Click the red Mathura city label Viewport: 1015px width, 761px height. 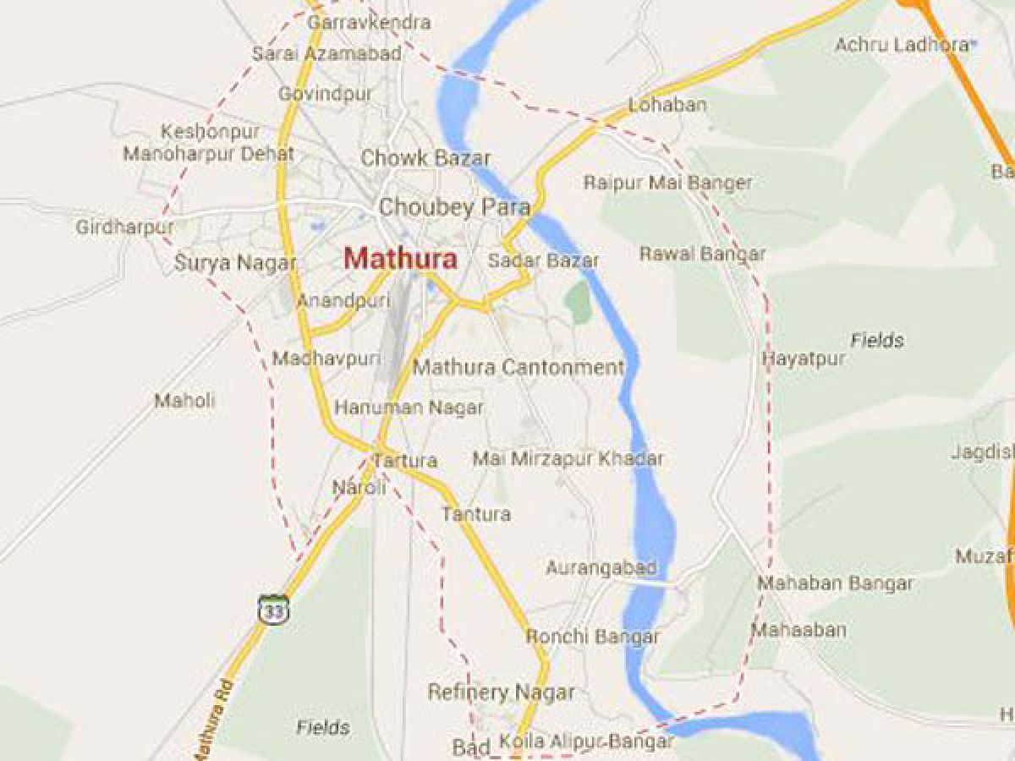tap(401, 259)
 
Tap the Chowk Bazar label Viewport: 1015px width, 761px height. tap(425, 158)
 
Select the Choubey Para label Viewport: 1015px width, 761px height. tap(454, 207)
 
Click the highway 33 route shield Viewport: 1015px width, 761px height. tap(273, 609)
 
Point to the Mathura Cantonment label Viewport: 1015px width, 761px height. tap(518, 368)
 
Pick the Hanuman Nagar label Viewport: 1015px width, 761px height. tap(409, 408)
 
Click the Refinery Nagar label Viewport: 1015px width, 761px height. tap(501, 693)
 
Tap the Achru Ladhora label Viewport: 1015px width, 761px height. tap(901, 44)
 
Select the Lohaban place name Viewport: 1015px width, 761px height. tap(667, 106)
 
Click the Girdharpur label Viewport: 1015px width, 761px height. tap(124, 227)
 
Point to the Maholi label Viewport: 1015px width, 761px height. tap(184, 401)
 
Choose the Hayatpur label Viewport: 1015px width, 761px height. tap(804, 359)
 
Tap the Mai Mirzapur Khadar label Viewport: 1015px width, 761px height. tap(568, 459)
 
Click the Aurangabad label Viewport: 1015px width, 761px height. tap(601, 567)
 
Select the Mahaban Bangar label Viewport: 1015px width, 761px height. tap(835, 583)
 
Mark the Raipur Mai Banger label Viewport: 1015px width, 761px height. tap(667, 183)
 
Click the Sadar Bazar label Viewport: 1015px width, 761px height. tap(543, 260)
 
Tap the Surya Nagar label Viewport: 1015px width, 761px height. tap(235, 263)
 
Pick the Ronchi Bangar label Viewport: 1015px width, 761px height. tap(592, 637)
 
